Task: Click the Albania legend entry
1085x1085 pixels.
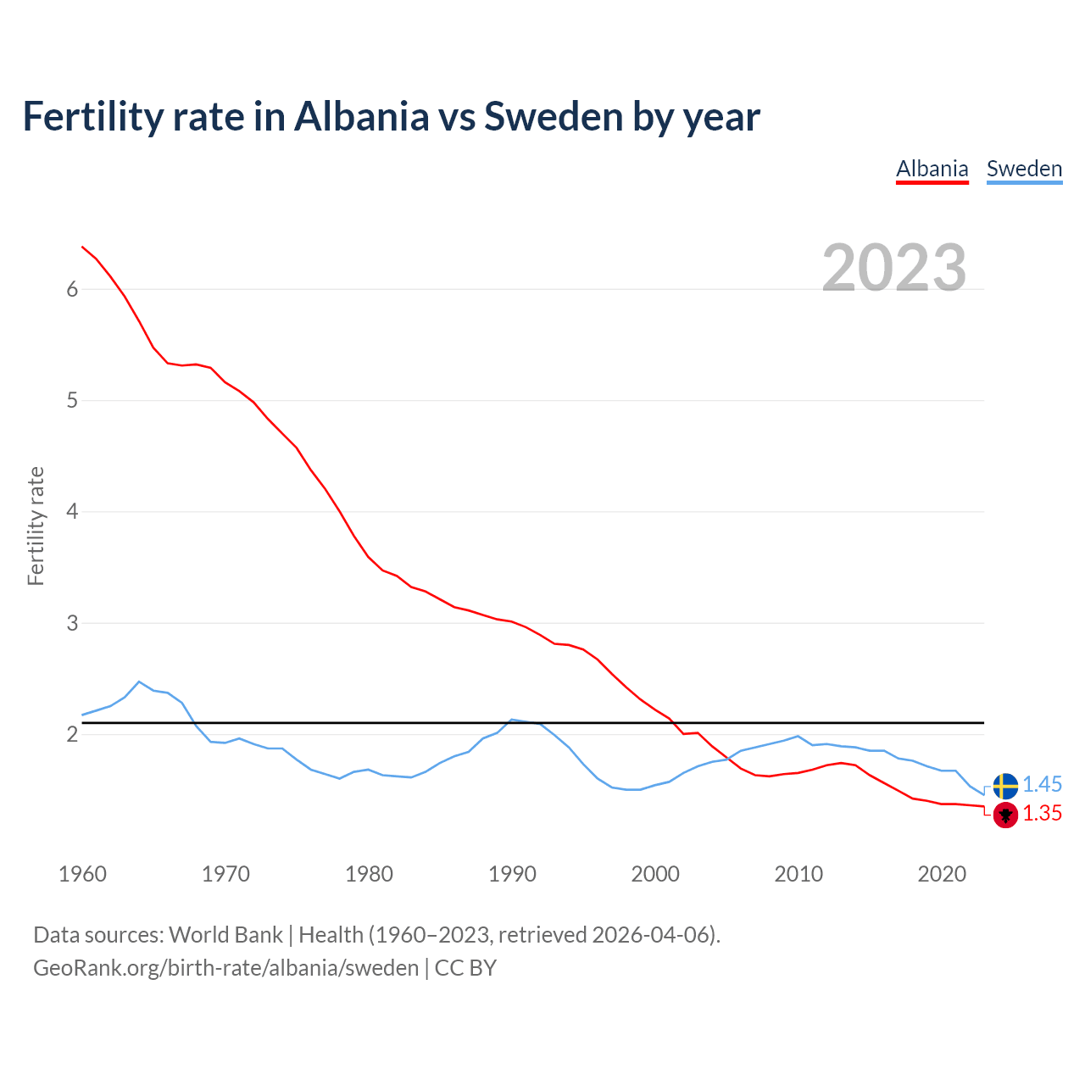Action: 932,169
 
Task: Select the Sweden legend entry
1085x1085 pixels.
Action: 1024,169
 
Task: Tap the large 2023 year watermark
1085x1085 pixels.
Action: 894,268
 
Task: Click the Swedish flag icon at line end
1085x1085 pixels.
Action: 1005,786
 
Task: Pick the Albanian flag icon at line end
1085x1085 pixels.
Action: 1005,815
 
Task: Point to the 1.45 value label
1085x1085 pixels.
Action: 1042,785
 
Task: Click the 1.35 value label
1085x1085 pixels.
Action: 1042,814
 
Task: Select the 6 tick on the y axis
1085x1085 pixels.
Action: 72,289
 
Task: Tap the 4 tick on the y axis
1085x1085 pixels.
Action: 72,512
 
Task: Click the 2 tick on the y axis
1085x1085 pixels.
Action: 72,734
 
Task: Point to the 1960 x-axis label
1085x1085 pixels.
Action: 82,874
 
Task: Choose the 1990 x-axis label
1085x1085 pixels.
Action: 512,874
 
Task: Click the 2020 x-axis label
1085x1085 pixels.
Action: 942,874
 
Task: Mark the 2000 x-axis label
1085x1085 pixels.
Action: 655,874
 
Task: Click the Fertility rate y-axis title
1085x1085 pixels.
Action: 36,526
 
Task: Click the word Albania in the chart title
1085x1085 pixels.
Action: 362,117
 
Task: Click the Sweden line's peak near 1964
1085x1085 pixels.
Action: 139,682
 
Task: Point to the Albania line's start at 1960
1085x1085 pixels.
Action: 82,247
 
